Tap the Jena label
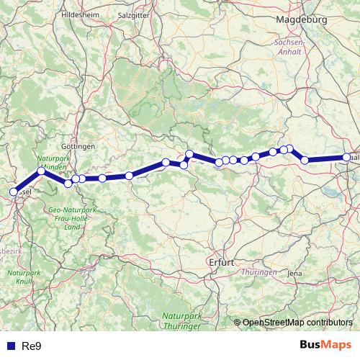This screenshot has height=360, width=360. (294, 274)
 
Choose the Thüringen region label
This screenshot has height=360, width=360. (259, 272)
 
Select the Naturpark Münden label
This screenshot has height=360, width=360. (51, 162)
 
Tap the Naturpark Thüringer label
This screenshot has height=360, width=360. (181, 321)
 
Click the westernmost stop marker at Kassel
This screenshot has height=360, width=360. (13, 192)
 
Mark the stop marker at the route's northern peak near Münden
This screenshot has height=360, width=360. (41, 171)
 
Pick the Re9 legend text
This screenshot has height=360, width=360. (32, 346)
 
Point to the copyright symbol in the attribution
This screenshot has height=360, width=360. (238, 323)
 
